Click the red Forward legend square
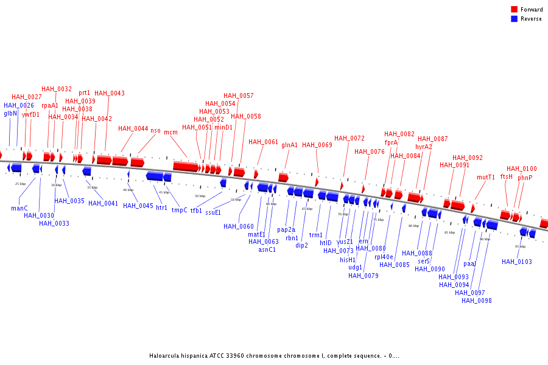point(515,10)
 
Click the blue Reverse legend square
point(515,19)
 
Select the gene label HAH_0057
point(239,96)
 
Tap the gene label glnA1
point(290,145)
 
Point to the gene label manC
point(19,208)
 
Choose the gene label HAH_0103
point(517,262)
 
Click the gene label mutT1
point(486,177)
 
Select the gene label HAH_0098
point(477,301)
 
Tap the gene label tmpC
point(180,210)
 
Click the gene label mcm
point(170,132)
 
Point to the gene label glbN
point(11,113)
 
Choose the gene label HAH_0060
point(239,226)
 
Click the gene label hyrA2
point(424,147)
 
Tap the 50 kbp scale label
point(200,196)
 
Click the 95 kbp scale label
point(520,246)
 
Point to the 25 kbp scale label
point(21,183)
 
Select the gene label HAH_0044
point(133,128)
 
